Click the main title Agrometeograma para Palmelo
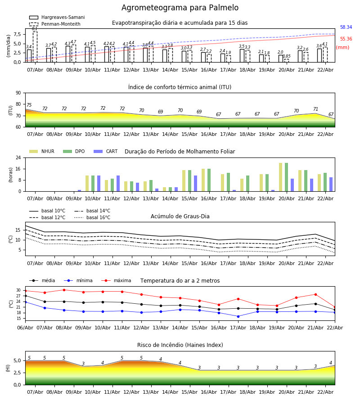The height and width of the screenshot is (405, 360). click(x=180, y=8)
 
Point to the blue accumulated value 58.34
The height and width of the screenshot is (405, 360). click(x=346, y=27)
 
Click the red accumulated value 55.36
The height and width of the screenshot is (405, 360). click(x=346, y=39)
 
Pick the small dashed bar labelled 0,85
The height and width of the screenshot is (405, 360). click(x=287, y=60)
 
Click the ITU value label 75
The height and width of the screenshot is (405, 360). click(x=29, y=105)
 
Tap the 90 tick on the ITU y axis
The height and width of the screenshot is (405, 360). click(x=18, y=93)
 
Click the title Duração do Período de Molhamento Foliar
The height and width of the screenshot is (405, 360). click(x=180, y=152)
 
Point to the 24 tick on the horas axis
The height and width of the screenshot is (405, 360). click(x=18, y=158)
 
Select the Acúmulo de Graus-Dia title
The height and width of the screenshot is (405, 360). click(x=180, y=216)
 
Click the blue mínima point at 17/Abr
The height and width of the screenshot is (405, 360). click(x=238, y=316)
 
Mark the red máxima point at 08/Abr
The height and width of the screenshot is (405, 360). click(x=64, y=290)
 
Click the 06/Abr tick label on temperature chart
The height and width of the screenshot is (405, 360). click(x=25, y=327)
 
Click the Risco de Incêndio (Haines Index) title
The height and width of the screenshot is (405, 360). click(x=180, y=345)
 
